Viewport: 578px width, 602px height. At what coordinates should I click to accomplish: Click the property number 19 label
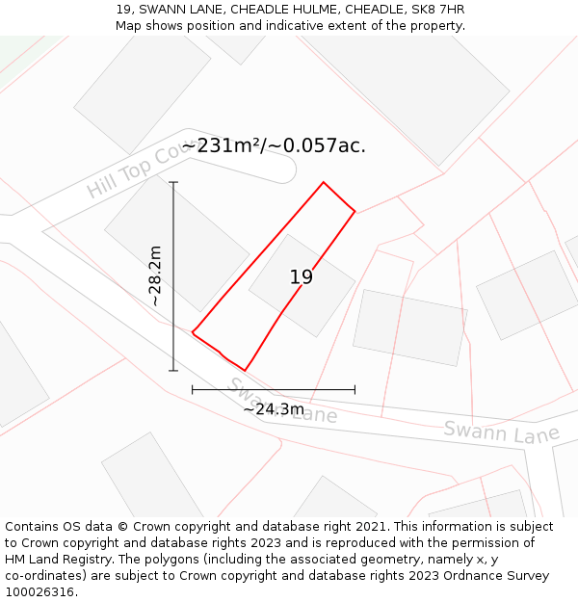pyautogui.click(x=302, y=277)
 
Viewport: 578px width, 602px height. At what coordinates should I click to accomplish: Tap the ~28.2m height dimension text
pyautogui.click(x=155, y=276)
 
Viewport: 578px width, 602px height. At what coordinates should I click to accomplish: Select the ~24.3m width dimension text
pyautogui.click(x=274, y=409)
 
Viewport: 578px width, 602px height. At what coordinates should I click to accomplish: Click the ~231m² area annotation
pyautogui.click(x=274, y=146)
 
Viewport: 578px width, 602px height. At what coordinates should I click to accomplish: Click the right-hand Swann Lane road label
pyautogui.click(x=501, y=431)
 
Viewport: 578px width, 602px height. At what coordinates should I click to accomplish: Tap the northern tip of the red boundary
pyautogui.click(x=323, y=182)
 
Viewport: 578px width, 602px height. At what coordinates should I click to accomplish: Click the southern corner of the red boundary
pyautogui.click(x=245, y=370)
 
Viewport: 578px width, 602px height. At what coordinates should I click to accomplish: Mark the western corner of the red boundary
pyautogui.click(x=193, y=333)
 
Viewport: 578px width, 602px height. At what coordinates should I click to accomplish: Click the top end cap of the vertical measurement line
pyautogui.click(x=173, y=182)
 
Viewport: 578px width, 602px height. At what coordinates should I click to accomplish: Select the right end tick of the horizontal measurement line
pyautogui.click(x=355, y=389)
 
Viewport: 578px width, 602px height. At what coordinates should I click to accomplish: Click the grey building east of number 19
pyautogui.click(x=409, y=327)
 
